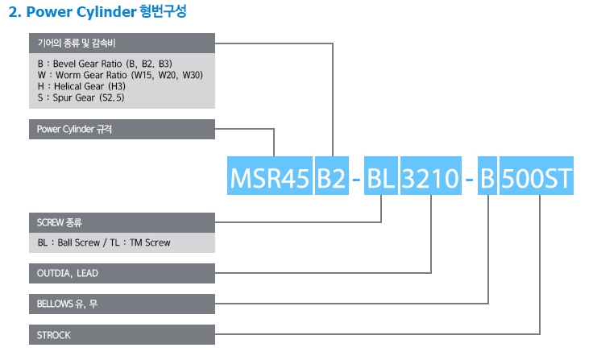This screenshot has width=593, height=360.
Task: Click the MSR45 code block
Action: pyautogui.click(x=269, y=177)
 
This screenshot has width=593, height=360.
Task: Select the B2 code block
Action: pyautogui.click(x=331, y=177)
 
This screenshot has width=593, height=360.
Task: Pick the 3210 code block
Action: pyautogui.click(x=431, y=177)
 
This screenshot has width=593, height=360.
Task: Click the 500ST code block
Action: pyautogui.click(x=537, y=177)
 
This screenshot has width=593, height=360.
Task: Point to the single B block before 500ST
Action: pyautogui.click(x=487, y=177)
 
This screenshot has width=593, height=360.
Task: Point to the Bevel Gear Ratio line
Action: pyautogui.click(x=105, y=63)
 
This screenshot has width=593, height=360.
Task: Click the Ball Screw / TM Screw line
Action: pyautogui.click(x=104, y=242)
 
